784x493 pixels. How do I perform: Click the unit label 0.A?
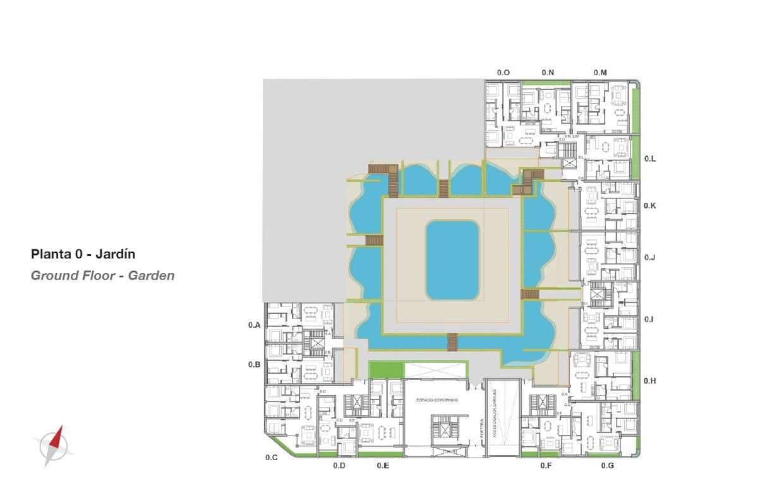(254, 325)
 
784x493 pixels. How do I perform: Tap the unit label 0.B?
(254, 365)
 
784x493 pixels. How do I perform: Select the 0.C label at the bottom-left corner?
(272, 457)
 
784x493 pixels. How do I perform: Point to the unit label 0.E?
(382, 466)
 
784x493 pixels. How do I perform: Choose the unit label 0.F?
(546, 466)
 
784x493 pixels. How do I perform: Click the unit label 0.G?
(608, 466)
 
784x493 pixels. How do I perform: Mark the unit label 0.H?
(649, 381)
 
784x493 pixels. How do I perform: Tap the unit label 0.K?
(649, 206)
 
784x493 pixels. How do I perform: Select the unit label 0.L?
(649, 159)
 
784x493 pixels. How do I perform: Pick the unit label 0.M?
(600, 73)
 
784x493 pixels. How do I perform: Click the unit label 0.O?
(503, 73)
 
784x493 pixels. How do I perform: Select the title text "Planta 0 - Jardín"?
(83, 254)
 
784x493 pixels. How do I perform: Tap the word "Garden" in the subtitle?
(151, 276)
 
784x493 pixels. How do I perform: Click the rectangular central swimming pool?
(452, 260)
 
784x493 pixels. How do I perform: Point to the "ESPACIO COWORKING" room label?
(437, 401)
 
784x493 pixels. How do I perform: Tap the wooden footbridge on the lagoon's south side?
(452, 341)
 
